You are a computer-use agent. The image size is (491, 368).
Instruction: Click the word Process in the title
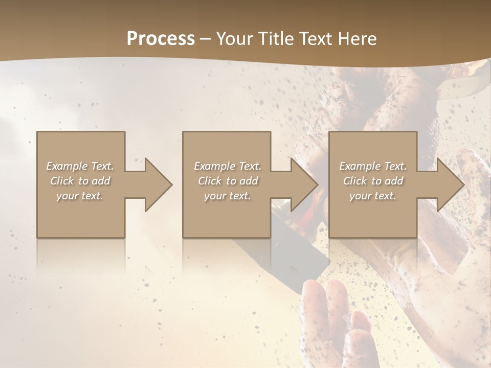click(x=161, y=39)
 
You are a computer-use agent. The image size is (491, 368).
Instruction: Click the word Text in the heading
click(x=315, y=39)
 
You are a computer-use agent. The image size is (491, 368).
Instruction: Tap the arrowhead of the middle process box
click(x=303, y=185)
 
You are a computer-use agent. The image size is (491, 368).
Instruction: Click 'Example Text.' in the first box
click(x=80, y=166)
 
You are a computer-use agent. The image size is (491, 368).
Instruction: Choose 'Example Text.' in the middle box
click(x=228, y=166)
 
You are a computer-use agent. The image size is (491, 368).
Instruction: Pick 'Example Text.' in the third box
click(x=373, y=166)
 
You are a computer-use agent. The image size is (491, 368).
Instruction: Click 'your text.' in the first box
click(x=80, y=196)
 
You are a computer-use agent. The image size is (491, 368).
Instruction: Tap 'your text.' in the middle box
click(x=228, y=196)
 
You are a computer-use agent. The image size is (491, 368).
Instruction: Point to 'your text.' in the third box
click(x=373, y=196)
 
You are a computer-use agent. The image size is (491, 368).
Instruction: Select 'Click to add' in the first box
click(x=80, y=181)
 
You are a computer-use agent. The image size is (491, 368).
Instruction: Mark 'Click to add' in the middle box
click(x=228, y=181)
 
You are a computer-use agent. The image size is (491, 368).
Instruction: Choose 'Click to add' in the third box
click(x=373, y=181)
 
